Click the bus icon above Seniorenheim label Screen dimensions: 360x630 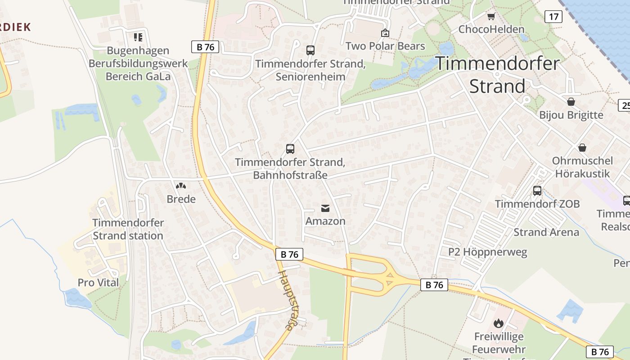310,50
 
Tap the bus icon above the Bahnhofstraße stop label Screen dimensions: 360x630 290,148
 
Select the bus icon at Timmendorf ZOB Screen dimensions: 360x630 537,190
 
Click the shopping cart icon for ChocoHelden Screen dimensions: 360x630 491,17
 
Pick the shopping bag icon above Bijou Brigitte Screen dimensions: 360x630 571,102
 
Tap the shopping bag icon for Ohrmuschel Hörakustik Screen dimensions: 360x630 582,148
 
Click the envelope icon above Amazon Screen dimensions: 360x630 325,208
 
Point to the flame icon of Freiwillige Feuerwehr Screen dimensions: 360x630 498,323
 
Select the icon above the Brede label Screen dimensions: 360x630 181,185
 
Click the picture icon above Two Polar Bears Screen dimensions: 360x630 385,33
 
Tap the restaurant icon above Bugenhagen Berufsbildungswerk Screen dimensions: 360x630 138,37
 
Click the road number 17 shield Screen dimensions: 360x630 553,17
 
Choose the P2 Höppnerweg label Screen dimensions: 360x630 487,252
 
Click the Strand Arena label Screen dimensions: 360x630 546,232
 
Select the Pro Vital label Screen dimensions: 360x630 98,283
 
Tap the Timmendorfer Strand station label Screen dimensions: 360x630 128,229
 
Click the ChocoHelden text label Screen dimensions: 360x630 491,30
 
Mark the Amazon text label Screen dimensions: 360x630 325,221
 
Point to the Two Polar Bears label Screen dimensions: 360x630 385,46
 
